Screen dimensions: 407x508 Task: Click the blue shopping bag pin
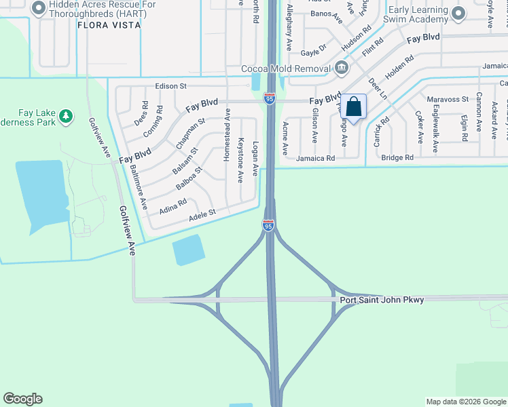point(353,106)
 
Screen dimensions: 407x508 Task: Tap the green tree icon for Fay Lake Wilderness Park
point(66,117)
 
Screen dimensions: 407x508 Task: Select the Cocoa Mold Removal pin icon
point(341,69)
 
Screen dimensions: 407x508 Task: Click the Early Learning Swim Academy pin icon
point(459,13)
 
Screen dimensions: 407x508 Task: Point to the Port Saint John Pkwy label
point(382,299)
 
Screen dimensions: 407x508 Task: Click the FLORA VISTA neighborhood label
point(109,25)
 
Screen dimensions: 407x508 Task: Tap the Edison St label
point(170,86)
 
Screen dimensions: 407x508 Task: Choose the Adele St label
point(202,213)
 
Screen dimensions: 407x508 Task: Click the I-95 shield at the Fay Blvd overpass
point(270,99)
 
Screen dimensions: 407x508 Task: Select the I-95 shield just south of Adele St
point(269,225)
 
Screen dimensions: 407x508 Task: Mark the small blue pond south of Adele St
point(189,250)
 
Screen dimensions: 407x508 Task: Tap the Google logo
point(22,399)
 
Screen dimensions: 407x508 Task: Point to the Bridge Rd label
point(397,157)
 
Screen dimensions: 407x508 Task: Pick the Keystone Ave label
point(240,161)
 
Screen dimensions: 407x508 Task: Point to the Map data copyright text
point(466,402)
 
